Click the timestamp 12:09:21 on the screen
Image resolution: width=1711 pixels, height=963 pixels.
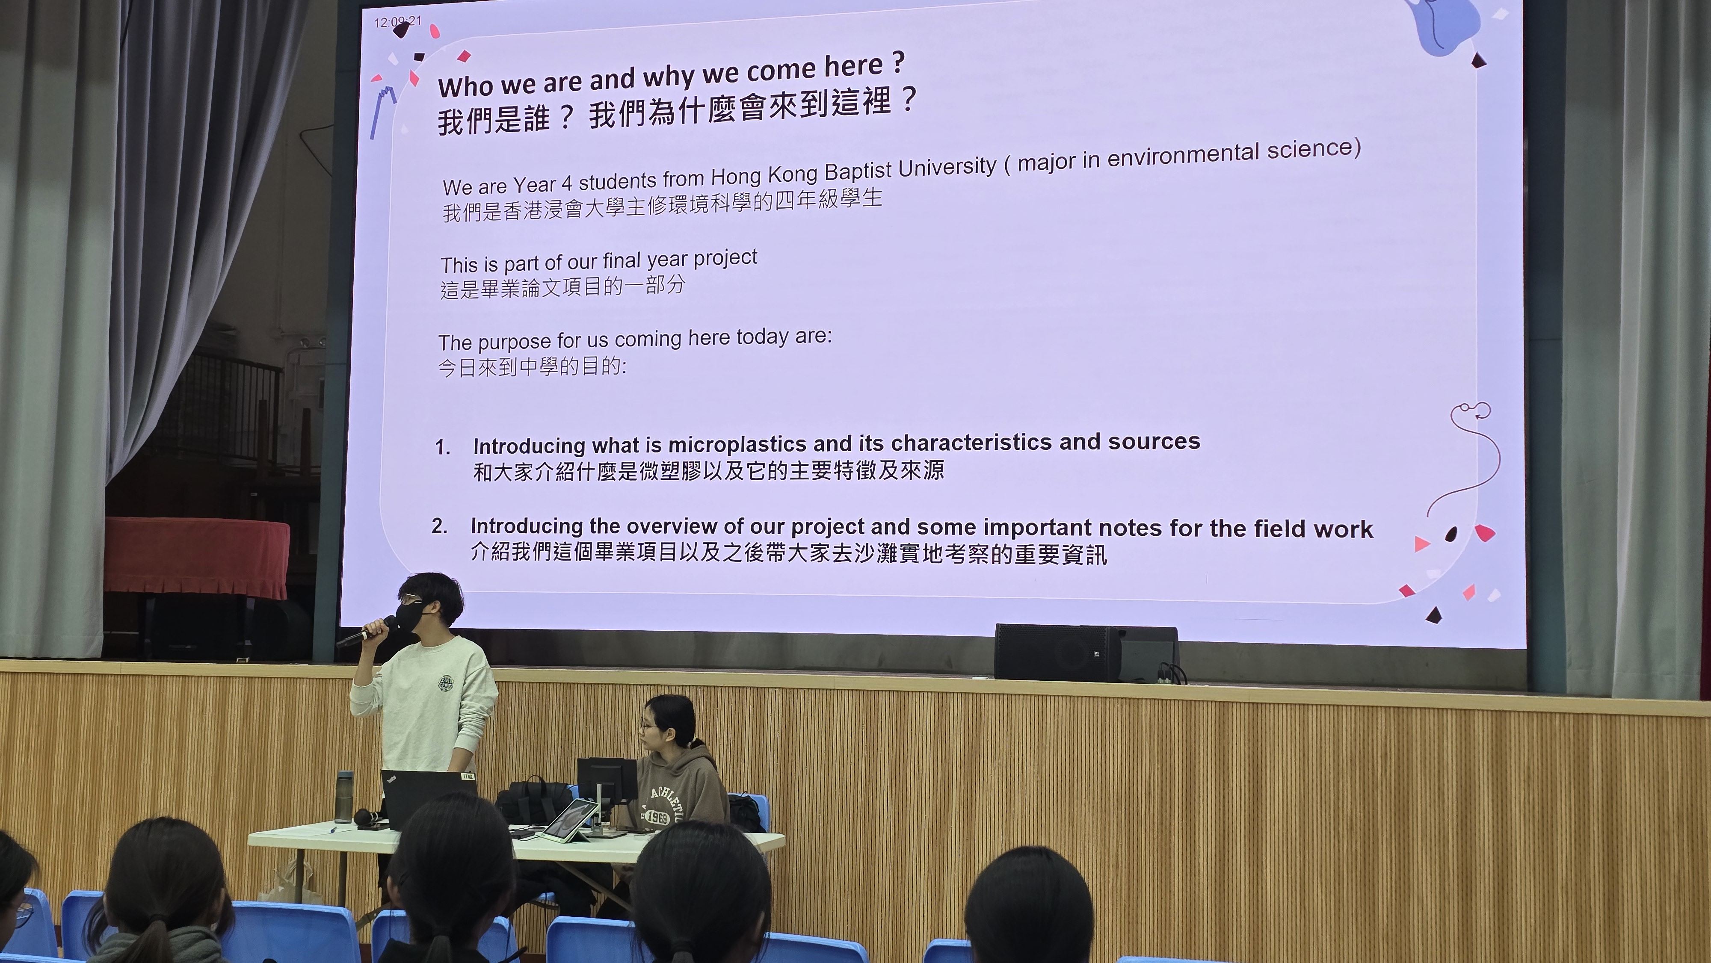click(x=397, y=21)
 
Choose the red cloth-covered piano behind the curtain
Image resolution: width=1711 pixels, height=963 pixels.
click(x=197, y=557)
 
